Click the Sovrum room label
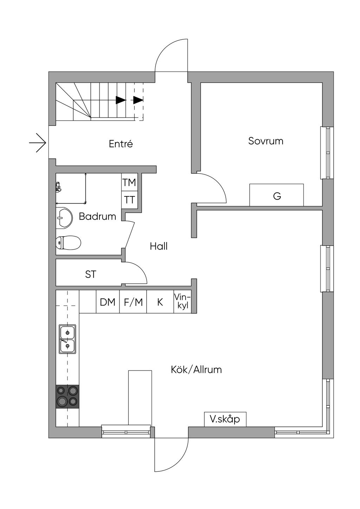[265, 141]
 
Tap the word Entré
[121, 144]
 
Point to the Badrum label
[97, 216]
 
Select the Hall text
[159, 246]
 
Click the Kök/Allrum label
[196, 369]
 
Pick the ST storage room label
[91, 274]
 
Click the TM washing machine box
[129, 183]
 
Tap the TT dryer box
[129, 200]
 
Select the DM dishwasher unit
[108, 302]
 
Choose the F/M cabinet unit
[133, 302]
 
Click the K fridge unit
[160, 302]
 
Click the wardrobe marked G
[277, 195]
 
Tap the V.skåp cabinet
[225, 419]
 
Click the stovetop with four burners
[67, 396]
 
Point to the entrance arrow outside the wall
[38, 143]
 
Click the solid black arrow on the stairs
[121, 100]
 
